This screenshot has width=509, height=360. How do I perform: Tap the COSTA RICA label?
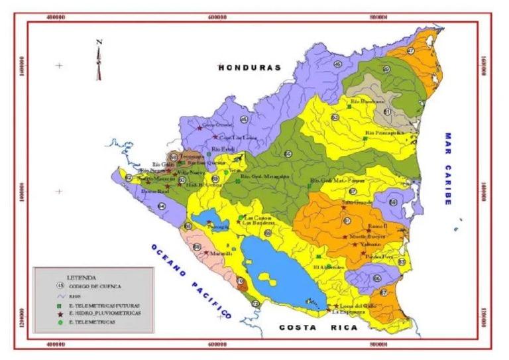[317, 328]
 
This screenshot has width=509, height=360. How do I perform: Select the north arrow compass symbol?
[99, 59]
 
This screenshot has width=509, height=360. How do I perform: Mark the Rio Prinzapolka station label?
[384, 133]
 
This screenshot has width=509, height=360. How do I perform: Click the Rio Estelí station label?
[223, 149]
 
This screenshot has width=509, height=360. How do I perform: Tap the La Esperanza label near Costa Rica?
[345, 312]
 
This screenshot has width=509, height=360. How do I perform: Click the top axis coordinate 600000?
[218, 19]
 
